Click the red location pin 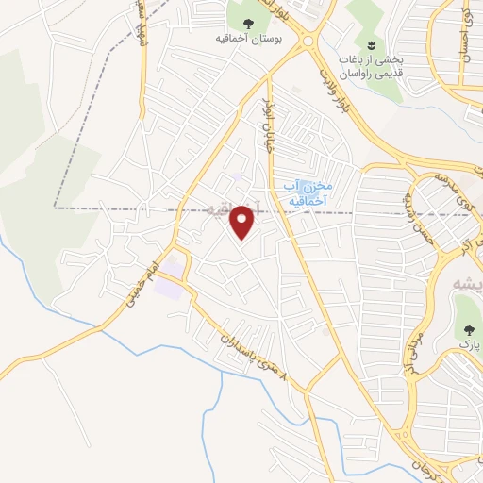click(243, 223)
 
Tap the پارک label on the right click(466, 347)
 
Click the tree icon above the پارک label click(467, 329)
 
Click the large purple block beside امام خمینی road click(171, 283)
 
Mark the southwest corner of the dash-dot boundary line click(55, 207)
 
